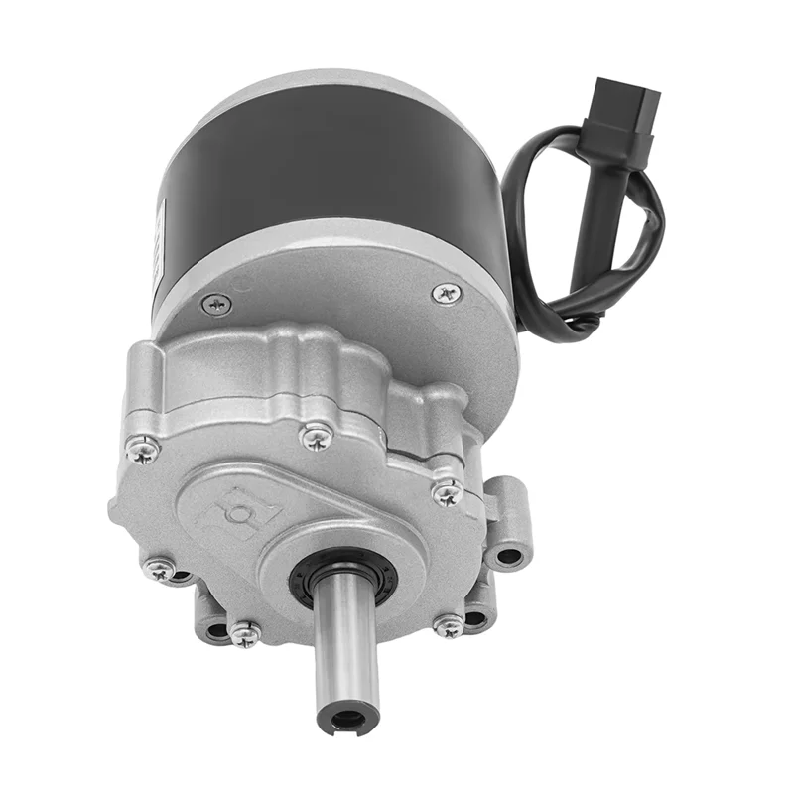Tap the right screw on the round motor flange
tap(446, 292)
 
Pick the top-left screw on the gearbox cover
tap(143, 449)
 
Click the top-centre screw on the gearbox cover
tap(316, 435)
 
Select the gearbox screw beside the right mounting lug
tap(447, 492)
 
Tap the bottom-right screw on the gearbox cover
tap(449, 625)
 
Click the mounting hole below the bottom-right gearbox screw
tap(476, 620)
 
